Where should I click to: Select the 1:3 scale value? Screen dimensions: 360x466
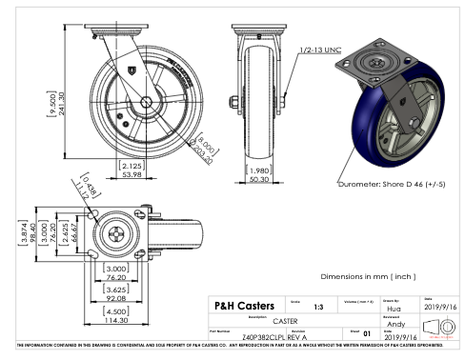pyautogui.click(x=293, y=307)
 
